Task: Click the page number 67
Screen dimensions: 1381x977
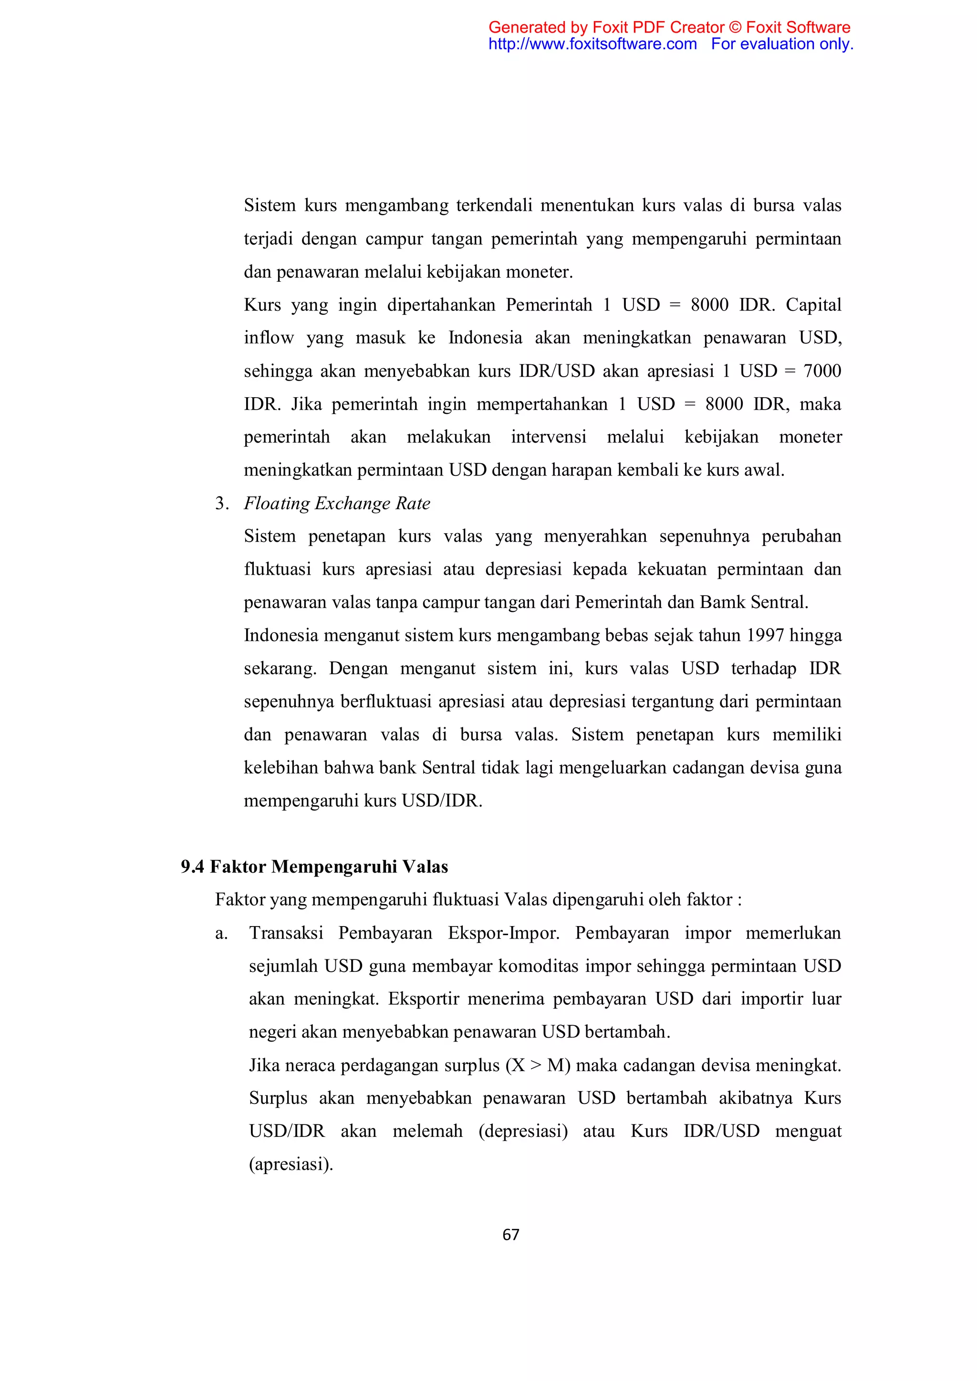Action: pos(510,1235)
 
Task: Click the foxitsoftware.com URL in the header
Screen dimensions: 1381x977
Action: pos(592,44)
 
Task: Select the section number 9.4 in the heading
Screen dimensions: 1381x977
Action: pos(193,867)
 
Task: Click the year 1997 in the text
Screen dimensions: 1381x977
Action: pos(765,635)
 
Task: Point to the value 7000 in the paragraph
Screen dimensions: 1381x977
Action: pos(822,371)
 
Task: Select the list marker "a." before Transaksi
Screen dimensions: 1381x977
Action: pos(221,933)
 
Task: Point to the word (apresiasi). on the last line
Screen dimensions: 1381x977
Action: pos(291,1165)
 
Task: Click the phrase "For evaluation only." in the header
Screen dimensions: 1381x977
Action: pos(782,44)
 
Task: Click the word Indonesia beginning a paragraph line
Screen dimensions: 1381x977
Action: pos(281,635)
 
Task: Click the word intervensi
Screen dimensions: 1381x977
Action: pos(548,437)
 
